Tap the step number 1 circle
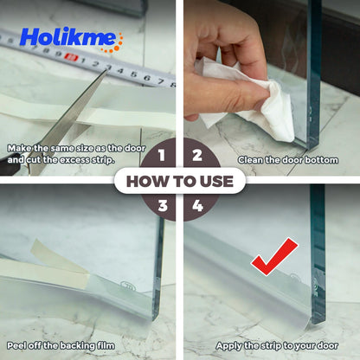(162, 156)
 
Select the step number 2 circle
(197, 156)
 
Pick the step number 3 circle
(162, 206)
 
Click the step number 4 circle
(197, 206)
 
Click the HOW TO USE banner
(180, 181)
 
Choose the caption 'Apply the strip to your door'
(272, 344)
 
